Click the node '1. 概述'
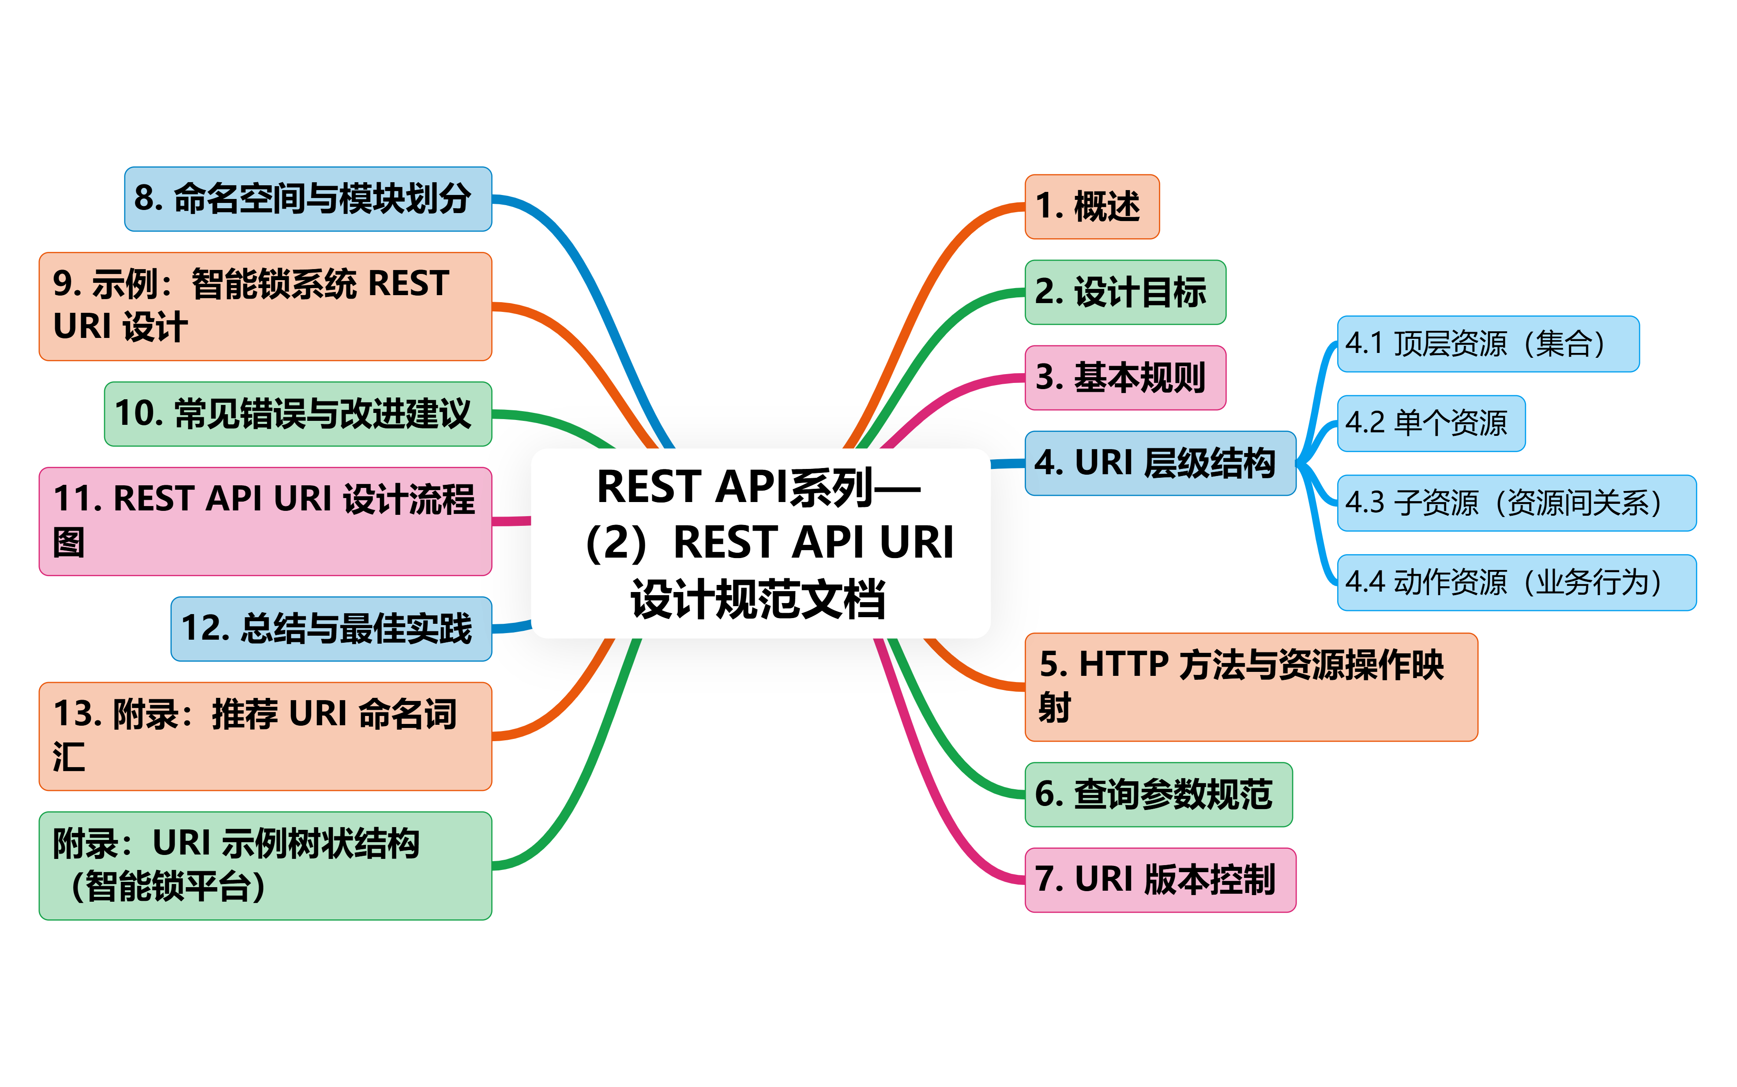tap(1091, 206)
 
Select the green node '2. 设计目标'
tap(1124, 292)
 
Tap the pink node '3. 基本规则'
tap(1124, 378)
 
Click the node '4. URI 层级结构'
tap(1160, 463)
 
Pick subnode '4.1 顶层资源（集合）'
tap(1488, 344)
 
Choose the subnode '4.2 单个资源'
tap(1431, 424)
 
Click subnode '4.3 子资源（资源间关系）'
tap(1516, 502)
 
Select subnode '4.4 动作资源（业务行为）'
tap(1516, 582)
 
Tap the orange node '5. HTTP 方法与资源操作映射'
tap(1251, 686)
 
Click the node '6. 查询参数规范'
tap(1158, 795)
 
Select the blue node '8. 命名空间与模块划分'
tap(308, 199)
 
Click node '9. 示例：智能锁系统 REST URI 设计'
tap(265, 306)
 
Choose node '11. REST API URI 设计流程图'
tap(265, 521)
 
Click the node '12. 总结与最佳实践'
tap(331, 628)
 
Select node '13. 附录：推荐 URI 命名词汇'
tap(265, 736)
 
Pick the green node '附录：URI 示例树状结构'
tap(265, 866)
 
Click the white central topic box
tap(760, 543)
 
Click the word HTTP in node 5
tap(1123, 664)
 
